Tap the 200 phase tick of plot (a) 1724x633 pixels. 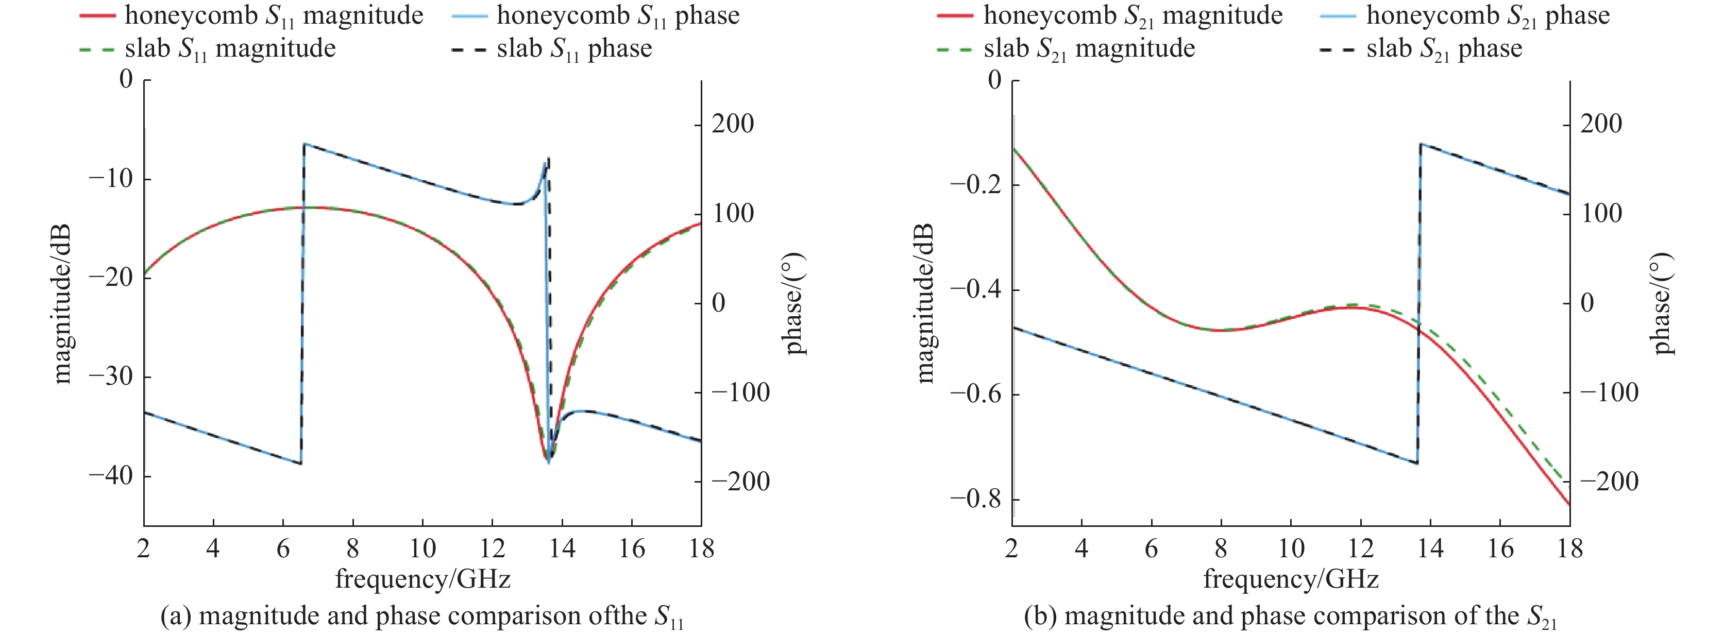(x=732, y=124)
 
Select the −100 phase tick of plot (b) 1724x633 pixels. (x=1609, y=392)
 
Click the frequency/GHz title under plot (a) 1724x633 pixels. (x=422, y=579)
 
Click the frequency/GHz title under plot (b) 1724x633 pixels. (x=1290, y=579)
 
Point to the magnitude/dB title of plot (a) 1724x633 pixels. (x=62, y=303)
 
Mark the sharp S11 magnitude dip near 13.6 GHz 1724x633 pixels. (x=546, y=458)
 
